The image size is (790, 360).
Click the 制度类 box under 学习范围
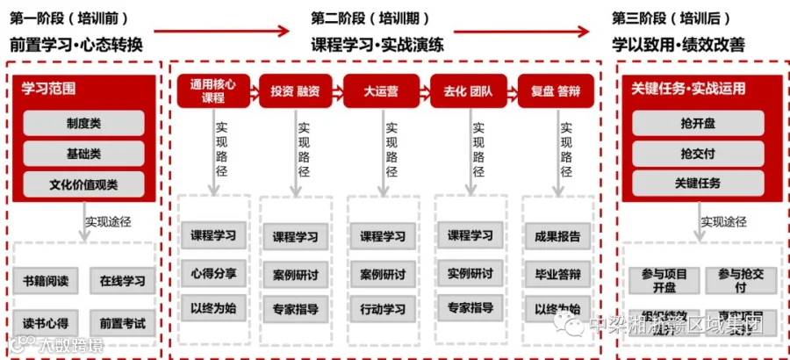coord(83,124)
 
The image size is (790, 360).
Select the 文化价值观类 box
coord(83,184)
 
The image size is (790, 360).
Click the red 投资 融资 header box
coord(295,90)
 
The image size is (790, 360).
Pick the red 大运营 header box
coord(381,90)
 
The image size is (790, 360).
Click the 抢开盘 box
coord(698,124)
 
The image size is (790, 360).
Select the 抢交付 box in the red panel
coord(698,154)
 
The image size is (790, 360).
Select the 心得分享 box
coord(213,273)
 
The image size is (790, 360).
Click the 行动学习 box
coord(383,309)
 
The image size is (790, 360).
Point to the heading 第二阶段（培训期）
coord(365,18)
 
